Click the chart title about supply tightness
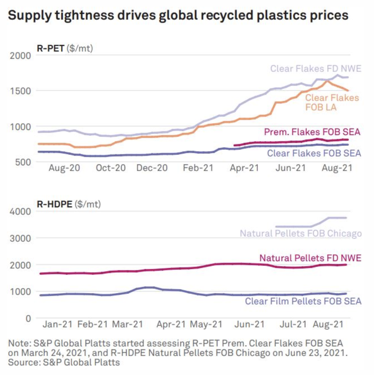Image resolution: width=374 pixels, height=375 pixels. pyautogui.click(x=178, y=16)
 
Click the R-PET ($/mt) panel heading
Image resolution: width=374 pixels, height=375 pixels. pyautogui.click(x=65, y=48)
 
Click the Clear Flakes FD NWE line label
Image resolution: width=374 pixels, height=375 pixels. pyautogui.click(x=315, y=69)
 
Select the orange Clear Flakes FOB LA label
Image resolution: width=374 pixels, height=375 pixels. pyautogui.click(x=332, y=102)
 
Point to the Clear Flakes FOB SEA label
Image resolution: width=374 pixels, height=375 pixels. pyautogui.click(x=314, y=153)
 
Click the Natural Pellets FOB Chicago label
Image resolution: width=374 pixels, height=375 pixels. pyautogui.click(x=301, y=233)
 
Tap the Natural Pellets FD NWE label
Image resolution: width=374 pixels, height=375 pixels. pyautogui.click(x=310, y=258)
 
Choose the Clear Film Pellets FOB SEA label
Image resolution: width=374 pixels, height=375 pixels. pyautogui.click(x=303, y=301)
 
